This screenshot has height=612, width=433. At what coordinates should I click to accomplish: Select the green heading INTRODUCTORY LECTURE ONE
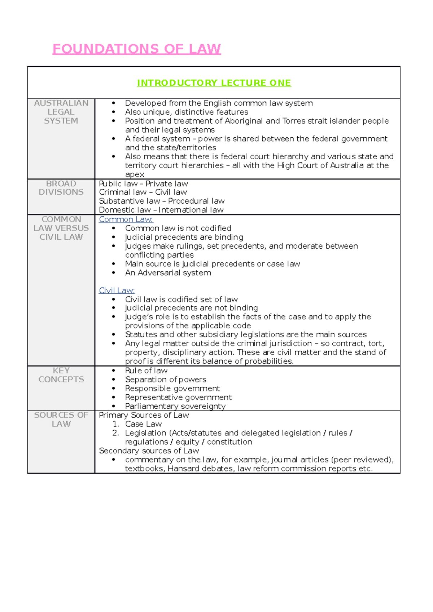[x=214, y=83]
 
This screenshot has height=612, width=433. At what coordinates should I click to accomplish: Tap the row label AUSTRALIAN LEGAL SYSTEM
[x=61, y=112]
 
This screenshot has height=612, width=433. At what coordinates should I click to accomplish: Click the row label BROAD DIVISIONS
[x=61, y=188]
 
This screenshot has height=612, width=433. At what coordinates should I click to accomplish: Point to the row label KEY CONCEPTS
[x=61, y=375]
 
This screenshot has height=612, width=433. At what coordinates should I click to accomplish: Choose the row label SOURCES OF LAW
[x=61, y=420]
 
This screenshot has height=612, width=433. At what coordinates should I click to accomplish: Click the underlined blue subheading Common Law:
[x=126, y=219]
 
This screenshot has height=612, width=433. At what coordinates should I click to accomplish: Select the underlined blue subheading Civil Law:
[x=117, y=291]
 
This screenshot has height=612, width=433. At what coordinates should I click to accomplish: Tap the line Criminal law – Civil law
[x=143, y=192]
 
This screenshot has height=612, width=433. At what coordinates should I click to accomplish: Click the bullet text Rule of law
[x=146, y=371]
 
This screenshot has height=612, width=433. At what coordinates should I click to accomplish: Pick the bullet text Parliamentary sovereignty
[x=175, y=406]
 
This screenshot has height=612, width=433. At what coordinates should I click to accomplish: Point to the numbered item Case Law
[x=143, y=424]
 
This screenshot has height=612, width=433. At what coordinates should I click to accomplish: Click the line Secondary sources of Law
[x=149, y=451]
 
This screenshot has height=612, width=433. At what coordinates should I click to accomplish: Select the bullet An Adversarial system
[x=168, y=273]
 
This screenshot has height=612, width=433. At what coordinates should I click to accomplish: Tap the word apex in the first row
[x=135, y=174]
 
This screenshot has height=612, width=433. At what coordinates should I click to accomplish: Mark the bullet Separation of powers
[x=166, y=380]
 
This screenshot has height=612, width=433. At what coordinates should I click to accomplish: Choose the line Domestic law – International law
[x=161, y=210]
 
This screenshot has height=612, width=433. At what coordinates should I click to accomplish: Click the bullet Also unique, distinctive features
[x=187, y=112]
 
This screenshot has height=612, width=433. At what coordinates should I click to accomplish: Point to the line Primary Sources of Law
[x=144, y=415]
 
